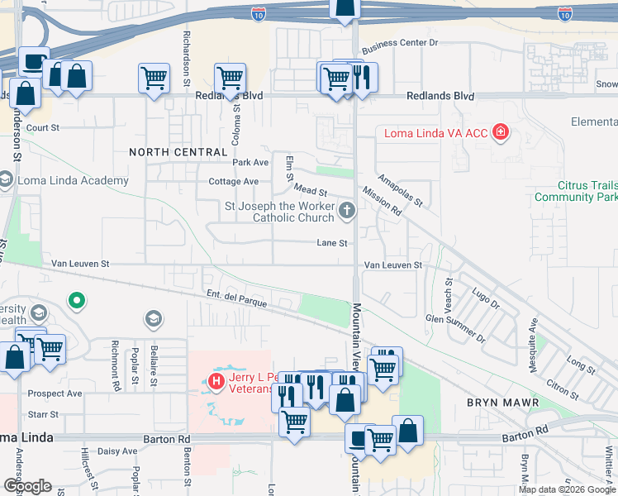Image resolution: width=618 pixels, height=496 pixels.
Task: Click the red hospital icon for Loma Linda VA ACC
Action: (499, 132)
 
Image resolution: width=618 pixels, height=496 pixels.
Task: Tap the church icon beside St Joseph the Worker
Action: (346, 211)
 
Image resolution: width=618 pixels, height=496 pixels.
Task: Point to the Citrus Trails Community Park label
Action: (576, 191)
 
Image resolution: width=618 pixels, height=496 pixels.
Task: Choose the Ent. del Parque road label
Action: (236, 298)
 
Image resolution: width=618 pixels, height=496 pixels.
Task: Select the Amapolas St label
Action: (401, 189)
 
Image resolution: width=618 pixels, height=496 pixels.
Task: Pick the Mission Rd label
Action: (382, 205)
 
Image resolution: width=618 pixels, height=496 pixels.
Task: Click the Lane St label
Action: (332, 243)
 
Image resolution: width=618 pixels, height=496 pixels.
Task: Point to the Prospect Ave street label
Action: (55, 393)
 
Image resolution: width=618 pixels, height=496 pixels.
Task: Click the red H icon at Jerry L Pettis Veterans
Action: (216, 381)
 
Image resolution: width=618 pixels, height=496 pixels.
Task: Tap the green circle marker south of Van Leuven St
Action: (77, 300)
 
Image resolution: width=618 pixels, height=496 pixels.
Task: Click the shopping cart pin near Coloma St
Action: (230, 79)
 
